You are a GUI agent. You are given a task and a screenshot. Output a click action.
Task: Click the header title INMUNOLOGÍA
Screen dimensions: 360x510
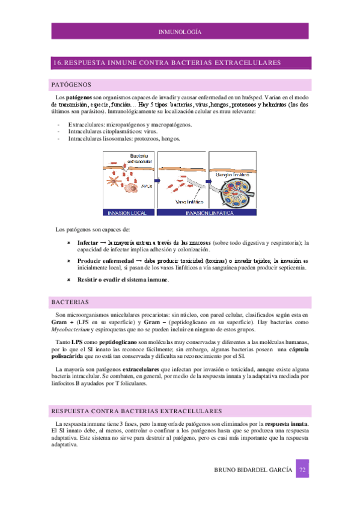coord(179,31)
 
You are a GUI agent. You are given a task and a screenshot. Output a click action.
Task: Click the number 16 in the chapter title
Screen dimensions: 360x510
coord(58,62)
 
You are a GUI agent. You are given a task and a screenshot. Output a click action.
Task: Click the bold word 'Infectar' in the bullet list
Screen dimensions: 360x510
coord(89,242)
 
